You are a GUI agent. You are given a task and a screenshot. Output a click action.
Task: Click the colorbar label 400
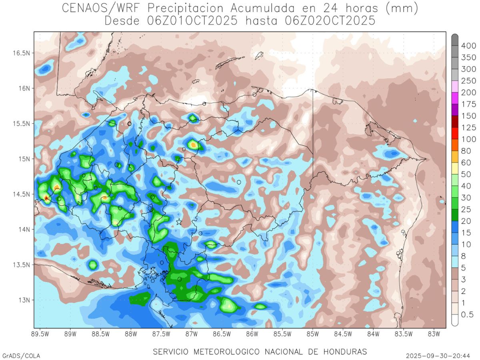(x=468, y=46)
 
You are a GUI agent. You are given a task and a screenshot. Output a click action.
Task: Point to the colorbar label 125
(x=468, y=128)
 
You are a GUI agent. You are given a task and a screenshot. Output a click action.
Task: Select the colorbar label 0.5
(x=467, y=315)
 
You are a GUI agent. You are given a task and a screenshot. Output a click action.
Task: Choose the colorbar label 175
(x=468, y=104)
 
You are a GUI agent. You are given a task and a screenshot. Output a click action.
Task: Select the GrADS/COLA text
(x=21, y=356)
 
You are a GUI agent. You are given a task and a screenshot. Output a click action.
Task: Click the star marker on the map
(x=179, y=221)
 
